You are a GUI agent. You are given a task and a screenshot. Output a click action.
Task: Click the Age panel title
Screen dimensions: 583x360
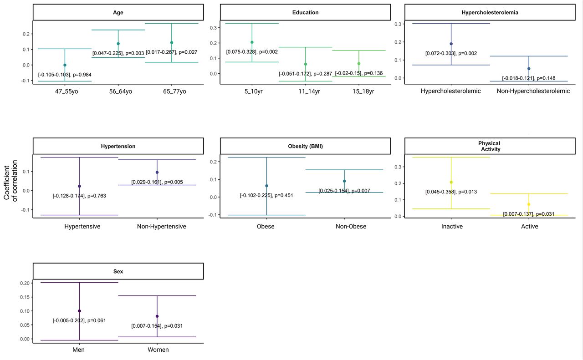(118, 12)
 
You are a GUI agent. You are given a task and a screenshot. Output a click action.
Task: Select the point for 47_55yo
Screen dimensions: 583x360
(65, 65)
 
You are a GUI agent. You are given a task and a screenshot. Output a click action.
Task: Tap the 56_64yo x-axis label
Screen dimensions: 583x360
(121, 91)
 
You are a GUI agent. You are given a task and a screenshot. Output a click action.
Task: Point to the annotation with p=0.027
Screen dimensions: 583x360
(172, 52)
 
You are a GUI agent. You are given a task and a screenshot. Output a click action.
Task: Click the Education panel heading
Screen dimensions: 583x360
(305, 12)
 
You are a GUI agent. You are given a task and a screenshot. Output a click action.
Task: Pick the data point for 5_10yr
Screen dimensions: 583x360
(252, 42)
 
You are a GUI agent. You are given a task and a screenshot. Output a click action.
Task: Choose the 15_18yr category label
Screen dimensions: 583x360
(363, 91)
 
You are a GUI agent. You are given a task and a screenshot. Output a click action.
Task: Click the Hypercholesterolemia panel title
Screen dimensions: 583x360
(490, 12)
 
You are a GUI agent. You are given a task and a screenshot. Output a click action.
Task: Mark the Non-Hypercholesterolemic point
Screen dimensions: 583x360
(529, 69)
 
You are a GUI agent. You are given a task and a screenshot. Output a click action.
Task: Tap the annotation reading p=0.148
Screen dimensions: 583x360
(529, 78)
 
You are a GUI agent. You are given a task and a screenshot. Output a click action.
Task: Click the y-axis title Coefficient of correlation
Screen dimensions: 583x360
(10, 181)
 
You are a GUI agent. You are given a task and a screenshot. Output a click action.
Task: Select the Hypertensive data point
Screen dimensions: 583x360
(79, 186)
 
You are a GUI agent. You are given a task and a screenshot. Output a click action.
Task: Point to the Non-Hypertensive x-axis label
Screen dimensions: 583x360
(161, 226)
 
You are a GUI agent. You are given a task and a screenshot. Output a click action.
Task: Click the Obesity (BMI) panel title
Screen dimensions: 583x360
(305, 146)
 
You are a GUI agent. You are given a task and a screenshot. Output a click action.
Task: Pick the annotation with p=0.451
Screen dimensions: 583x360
(266, 195)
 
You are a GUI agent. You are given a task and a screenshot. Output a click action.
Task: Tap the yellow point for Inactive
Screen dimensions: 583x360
(451, 183)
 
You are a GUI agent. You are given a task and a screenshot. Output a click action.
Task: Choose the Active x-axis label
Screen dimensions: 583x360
(529, 226)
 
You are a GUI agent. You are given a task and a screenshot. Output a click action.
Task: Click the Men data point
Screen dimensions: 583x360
(79, 311)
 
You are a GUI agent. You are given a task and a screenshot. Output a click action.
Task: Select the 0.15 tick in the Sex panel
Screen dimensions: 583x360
(25, 297)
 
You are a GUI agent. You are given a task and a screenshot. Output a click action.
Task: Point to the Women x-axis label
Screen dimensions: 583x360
(158, 350)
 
